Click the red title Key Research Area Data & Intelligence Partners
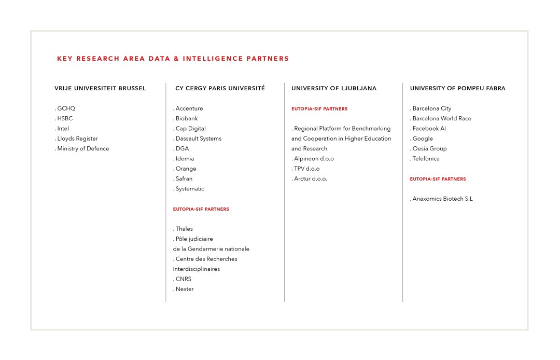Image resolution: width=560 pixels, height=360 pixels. point(173,59)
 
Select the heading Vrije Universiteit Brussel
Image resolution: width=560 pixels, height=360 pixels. point(100,88)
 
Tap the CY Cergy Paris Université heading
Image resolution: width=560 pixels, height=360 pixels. point(220,88)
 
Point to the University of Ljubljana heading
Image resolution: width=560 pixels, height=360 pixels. point(334,88)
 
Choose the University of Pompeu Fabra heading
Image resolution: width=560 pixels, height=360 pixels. point(457,88)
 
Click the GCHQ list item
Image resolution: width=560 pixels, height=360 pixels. point(66,108)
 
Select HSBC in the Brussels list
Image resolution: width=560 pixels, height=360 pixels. point(65,118)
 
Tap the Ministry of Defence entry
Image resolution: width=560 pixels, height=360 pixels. point(83,148)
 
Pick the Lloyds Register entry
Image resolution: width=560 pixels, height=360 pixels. point(77,139)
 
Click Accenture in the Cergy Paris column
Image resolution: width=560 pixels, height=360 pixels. point(189,108)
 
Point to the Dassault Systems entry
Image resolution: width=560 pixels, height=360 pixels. point(198,139)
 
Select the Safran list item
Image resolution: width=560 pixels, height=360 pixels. point(184,178)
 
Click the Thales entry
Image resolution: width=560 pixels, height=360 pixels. point(184,229)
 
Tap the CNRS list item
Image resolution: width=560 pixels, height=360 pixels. point(183,279)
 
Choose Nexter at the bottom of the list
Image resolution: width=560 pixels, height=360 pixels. point(184,289)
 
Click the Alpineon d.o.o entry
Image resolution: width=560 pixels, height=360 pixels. point(313,159)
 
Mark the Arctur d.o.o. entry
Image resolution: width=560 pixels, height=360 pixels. point(310,178)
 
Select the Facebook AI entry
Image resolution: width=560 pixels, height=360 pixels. point(429,129)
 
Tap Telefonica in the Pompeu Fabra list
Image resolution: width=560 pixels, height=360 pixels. point(426,159)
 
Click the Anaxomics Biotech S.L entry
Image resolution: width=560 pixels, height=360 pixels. point(442,199)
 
